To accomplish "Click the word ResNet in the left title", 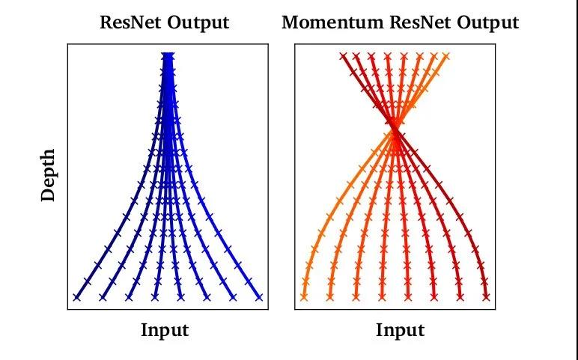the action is (130, 22).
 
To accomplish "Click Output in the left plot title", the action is (198, 23).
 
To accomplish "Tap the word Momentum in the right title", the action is (333, 22).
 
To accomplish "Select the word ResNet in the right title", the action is (420, 22).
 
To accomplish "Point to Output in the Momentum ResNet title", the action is (487, 23).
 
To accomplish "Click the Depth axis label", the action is (48, 175).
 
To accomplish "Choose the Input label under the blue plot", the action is (165, 330).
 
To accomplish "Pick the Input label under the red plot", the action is (400, 330).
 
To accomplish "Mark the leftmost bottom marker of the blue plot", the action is (76, 297).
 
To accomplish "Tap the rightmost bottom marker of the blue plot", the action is (259, 297).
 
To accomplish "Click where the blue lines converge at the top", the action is (168, 56).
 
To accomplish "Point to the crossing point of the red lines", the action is (395, 129).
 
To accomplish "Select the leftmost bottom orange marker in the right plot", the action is (304, 297).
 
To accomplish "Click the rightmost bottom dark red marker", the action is (486, 297).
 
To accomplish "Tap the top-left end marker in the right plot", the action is (344, 56).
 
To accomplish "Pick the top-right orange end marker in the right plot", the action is (446, 56).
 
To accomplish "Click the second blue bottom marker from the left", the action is (103, 297).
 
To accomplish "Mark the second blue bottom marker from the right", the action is (233, 297).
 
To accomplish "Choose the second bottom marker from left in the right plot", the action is (330, 297).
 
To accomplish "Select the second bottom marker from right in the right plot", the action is (460, 297).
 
